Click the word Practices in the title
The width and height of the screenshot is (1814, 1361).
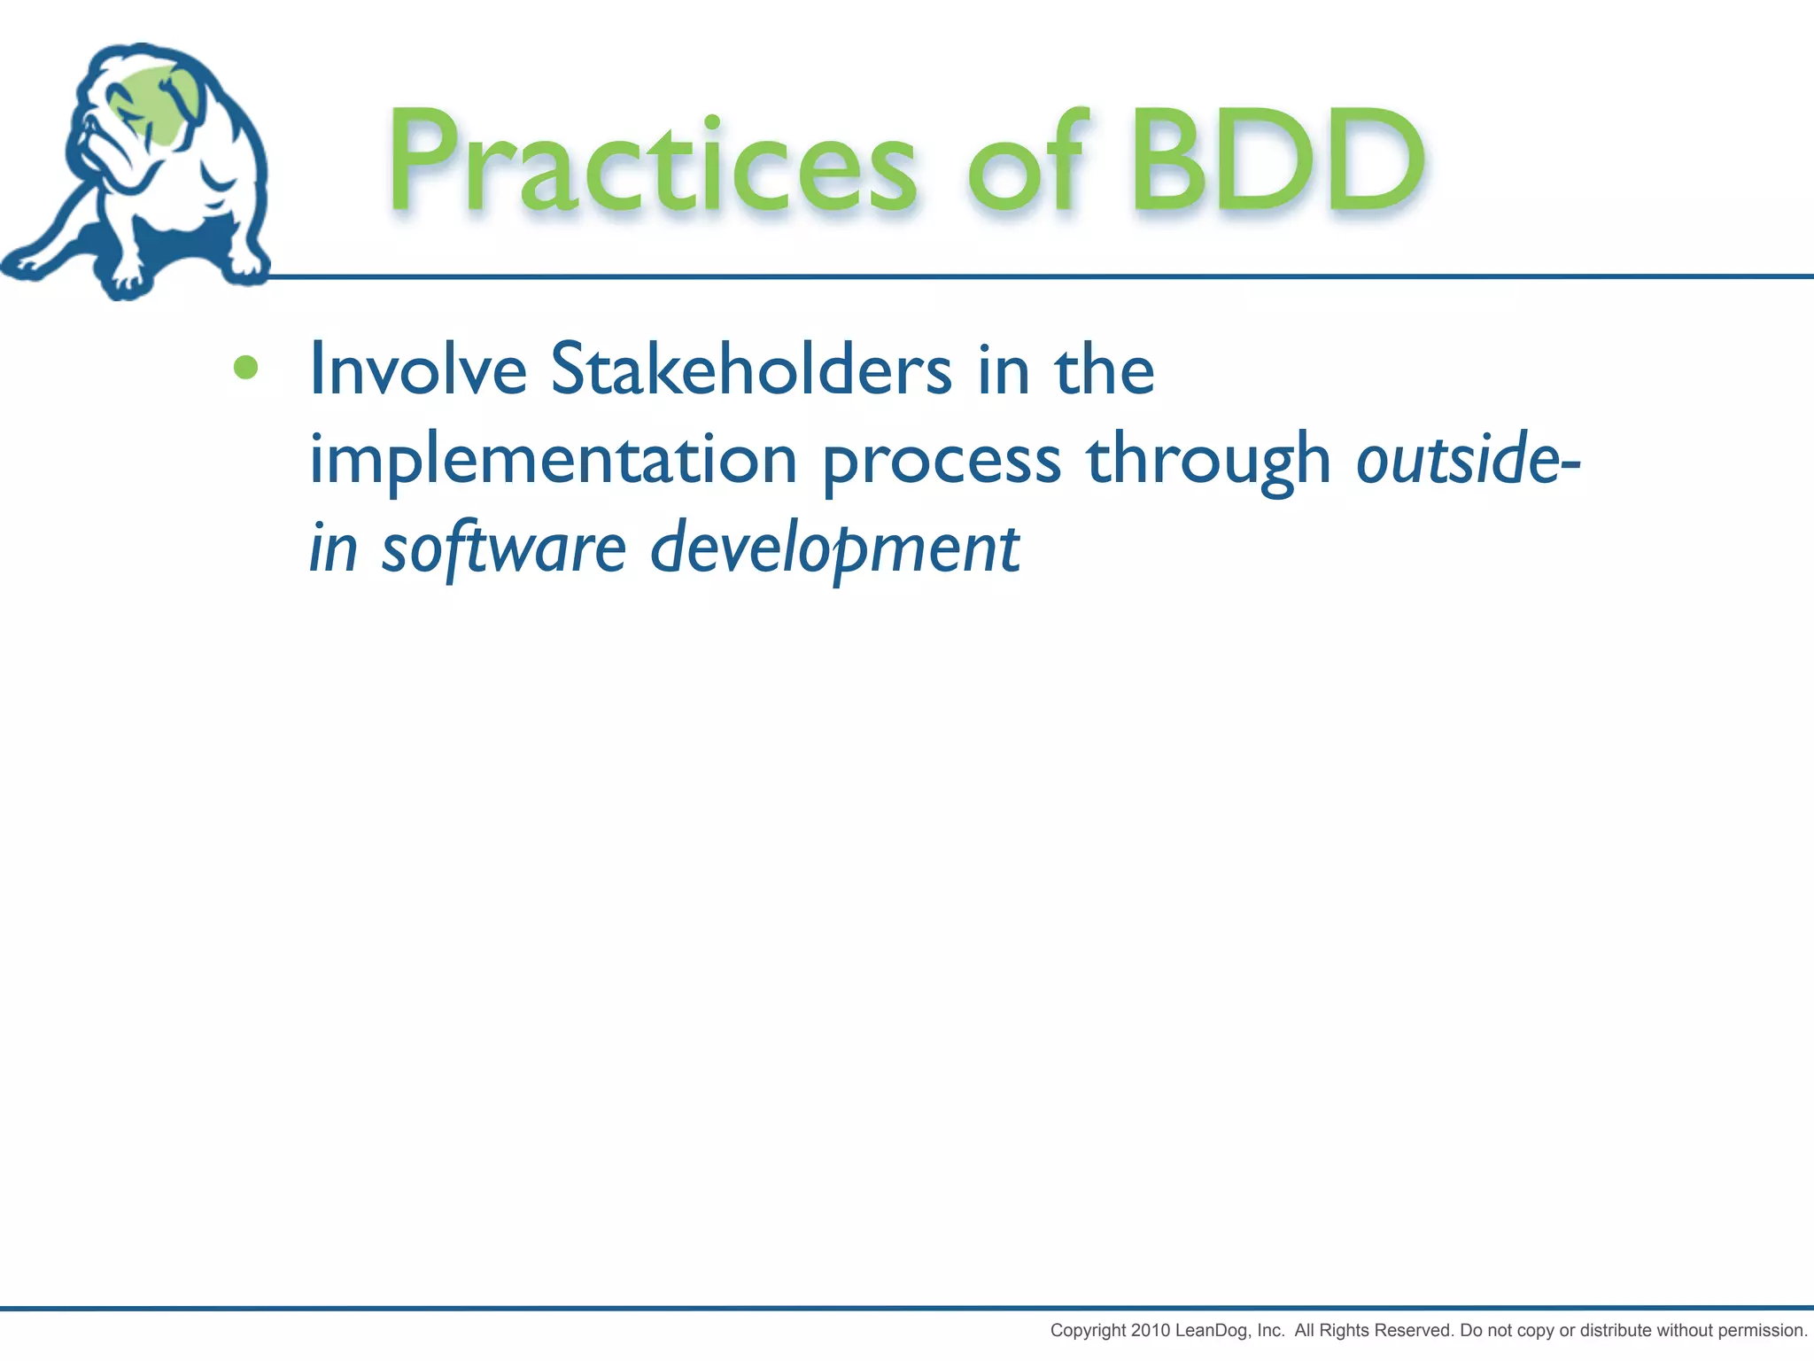pos(652,164)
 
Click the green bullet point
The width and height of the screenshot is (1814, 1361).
pos(245,367)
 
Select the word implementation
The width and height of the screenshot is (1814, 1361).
pos(553,461)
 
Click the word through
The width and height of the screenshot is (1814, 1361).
pos(1208,461)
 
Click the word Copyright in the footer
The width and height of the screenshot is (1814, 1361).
pos(1089,1330)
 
